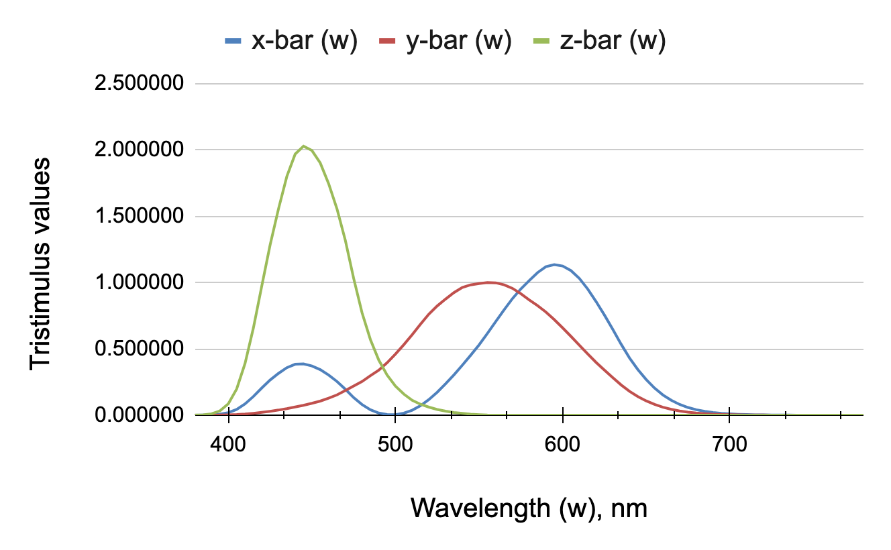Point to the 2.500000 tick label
tap(140, 85)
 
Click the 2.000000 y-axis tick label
tap(140, 150)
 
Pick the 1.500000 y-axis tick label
tap(140, 217)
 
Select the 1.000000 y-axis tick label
tap(140, 283)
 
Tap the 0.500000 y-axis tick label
tap(140, 349)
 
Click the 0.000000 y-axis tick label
tap(140, 415)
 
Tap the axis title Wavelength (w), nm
tap(529, 508)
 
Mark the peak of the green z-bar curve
tap(304, 146)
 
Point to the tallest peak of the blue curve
tap(554, 264)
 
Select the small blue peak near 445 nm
tap(302, 364)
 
